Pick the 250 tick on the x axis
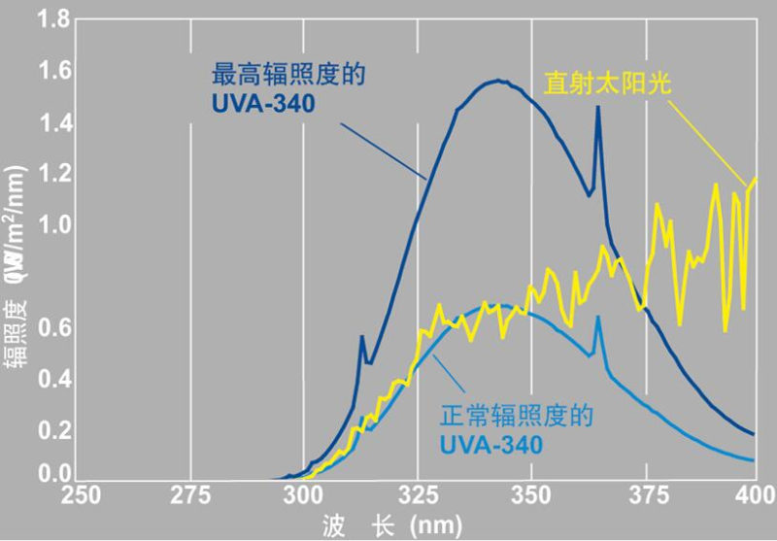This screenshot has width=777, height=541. click(x=81, y=495)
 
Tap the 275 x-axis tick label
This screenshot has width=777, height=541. click(x=191, y=495)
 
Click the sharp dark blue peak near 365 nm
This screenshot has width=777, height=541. click(x=597, y=108)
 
